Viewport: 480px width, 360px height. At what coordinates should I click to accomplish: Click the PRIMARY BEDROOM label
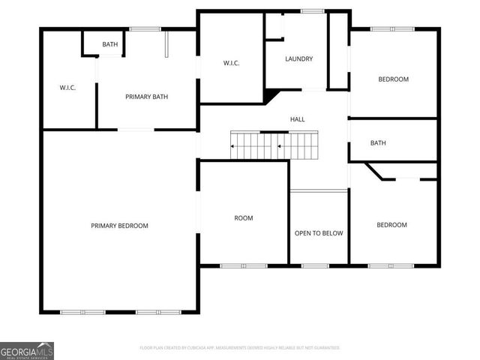[119, 226]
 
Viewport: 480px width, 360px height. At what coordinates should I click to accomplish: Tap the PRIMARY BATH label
[146, 97]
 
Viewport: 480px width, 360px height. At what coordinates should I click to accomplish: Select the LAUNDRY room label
[298, 59]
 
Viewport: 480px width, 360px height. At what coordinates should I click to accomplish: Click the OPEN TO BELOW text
[319, 233]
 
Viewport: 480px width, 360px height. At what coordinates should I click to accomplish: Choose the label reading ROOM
[244, 218]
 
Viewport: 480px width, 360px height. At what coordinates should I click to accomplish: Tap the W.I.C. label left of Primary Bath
[67, 88]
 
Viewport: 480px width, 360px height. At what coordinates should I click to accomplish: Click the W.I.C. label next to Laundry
[230, 63]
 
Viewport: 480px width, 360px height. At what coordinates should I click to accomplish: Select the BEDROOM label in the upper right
[393, 79]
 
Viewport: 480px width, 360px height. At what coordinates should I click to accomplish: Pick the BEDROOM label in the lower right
[391, 225]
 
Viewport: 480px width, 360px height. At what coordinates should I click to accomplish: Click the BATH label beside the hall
[378, 143]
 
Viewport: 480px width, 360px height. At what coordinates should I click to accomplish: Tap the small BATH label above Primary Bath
[110, 45]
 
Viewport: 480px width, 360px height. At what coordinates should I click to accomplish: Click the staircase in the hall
[274, 145]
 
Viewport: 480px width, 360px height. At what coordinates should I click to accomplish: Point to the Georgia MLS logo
[27, 350]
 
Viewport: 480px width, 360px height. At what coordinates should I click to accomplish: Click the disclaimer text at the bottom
[240, 348]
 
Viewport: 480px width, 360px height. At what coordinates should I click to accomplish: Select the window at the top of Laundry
[312, 10]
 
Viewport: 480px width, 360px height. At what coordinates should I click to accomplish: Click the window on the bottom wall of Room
[244, 265]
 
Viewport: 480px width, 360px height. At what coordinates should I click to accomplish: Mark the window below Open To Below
[314, 265]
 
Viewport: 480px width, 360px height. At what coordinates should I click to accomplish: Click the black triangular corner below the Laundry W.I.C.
[268, 97]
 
